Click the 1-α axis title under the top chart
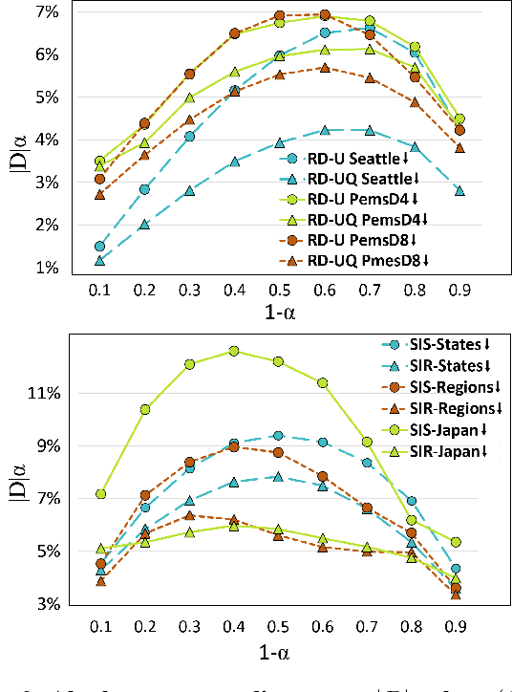point(278,313)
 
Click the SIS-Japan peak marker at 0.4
point(234,351)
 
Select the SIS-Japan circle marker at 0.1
point(100,494)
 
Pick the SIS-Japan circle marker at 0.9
point(456,542)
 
